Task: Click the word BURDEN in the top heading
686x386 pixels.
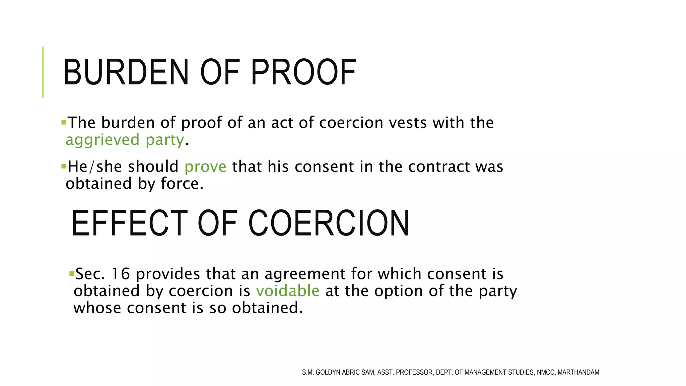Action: coord(126,72)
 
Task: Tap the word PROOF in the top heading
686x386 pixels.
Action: coord(303,72)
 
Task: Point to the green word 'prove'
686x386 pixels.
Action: coord(205,167)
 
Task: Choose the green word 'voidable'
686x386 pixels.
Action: coord(288,291)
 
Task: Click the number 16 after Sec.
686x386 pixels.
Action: coord(120,274)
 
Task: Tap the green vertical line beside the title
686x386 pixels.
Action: coord(43,72)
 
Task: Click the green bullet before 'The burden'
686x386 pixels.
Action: coord(64,122)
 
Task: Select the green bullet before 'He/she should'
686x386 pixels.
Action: coord(64,166)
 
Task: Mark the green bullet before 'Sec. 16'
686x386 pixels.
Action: coord(71,274)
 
